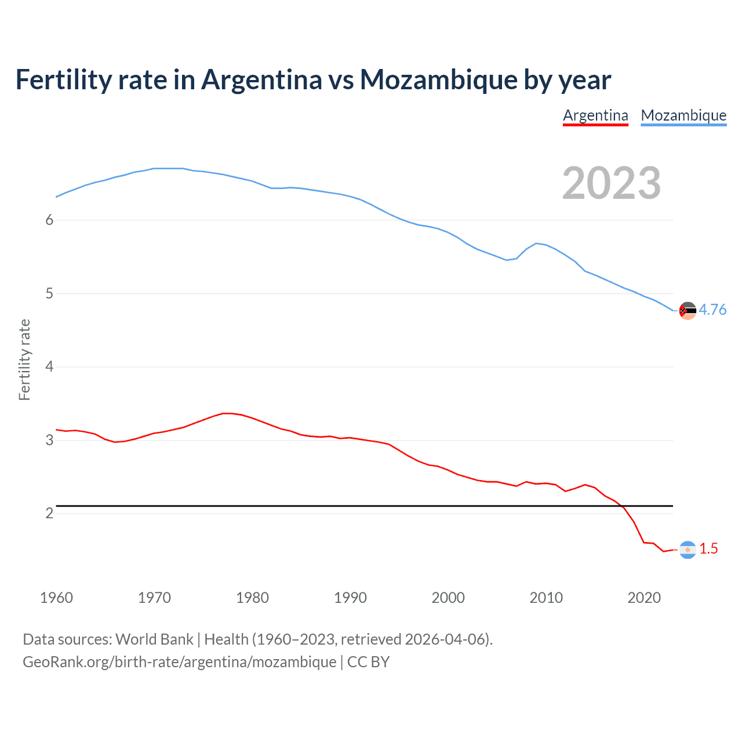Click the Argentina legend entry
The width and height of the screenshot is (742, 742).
[595, 115]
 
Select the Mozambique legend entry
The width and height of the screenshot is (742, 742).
[683, 115]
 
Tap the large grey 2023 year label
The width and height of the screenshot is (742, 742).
[612, 183]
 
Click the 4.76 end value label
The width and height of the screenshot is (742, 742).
[712, 310]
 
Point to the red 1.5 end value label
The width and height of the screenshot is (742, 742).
[708, 548]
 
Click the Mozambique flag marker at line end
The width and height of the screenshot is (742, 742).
[688, 311]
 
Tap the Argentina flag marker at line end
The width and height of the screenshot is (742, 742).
[688, 550]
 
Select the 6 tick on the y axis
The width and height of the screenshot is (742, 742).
[49, 220]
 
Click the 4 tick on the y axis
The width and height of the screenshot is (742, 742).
[49, 367]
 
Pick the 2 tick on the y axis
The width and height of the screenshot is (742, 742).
[49, 514]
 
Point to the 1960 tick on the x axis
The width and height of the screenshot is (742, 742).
[56, 598]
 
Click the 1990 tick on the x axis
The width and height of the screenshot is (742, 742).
[350, 598]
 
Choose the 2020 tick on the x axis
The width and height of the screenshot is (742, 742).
[644, 598]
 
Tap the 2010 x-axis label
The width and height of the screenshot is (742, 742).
[546, 598]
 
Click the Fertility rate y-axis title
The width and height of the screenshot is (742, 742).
[24, 359]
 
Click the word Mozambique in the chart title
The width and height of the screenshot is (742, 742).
[438, 80]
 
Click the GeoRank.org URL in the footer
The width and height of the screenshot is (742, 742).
[179, 662]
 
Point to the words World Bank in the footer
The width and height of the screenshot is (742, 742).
[154, 639]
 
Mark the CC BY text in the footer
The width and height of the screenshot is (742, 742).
[368, 662]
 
